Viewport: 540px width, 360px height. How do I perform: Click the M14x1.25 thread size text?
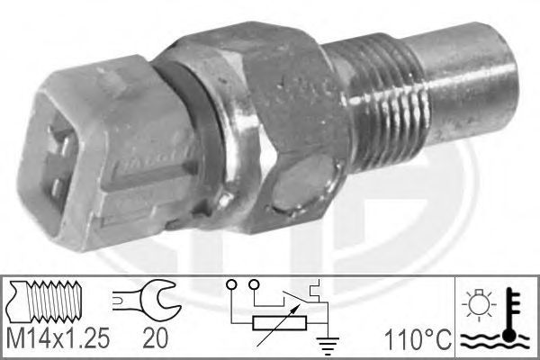[58, 337]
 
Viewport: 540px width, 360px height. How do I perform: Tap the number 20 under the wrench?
[156, 337]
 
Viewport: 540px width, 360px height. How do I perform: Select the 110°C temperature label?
[418, 339]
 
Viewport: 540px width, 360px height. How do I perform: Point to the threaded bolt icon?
[45, 297]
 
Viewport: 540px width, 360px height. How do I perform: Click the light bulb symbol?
[479, 303]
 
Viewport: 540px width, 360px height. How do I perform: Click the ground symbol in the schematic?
[328, 346]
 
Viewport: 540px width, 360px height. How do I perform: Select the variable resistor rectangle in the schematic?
[279, 323]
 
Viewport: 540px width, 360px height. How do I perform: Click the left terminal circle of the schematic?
[231, 285]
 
